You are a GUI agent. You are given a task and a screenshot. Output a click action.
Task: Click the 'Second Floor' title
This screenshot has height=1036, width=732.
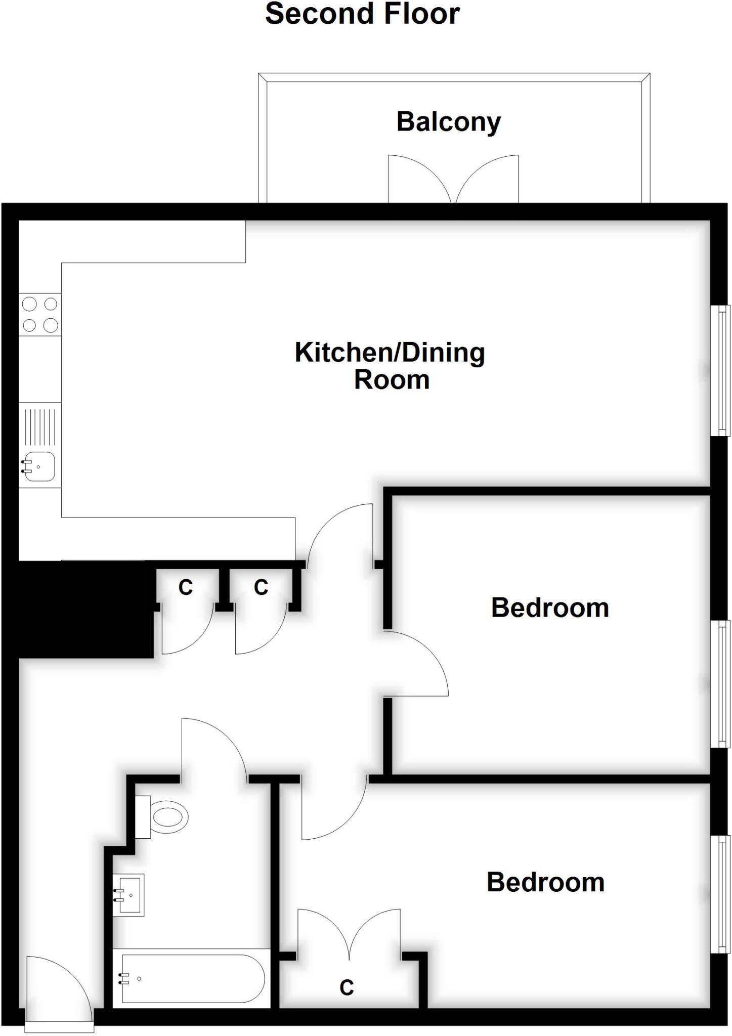[362, 14]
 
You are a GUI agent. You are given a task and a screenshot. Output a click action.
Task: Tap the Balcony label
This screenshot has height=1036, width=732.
[448, 122]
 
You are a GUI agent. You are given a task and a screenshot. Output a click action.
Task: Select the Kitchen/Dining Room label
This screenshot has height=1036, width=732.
[390, 366]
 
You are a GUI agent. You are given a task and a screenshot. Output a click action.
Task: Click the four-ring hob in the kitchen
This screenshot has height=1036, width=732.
[40, 314]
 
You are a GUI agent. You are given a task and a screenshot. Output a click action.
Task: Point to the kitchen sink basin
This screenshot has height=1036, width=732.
[40, 466]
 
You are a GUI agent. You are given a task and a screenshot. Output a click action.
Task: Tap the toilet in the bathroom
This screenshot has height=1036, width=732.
[167, 816]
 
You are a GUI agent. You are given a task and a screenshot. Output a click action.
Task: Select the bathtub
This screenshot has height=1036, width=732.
[191, 978]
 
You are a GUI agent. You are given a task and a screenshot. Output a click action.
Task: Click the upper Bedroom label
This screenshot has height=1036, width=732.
[549, 608]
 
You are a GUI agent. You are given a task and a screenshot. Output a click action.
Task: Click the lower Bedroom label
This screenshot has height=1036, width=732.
[545, 882]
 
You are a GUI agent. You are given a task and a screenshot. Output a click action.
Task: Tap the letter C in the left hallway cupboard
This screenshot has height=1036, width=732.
[186, 587]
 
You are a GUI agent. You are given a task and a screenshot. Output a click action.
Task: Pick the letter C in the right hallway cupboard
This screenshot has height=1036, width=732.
[261, 587]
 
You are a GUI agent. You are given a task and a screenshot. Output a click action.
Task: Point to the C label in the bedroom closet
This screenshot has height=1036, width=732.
[347, 987]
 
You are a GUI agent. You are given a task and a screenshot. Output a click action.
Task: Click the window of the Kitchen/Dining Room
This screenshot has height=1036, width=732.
[721, 370]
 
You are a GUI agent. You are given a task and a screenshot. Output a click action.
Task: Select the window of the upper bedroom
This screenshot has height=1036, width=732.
[721, 684]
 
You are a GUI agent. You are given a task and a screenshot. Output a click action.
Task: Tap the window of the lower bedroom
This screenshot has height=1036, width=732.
[721, 894]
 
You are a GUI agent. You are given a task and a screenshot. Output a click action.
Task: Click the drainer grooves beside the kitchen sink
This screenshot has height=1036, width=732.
[40, 426]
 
